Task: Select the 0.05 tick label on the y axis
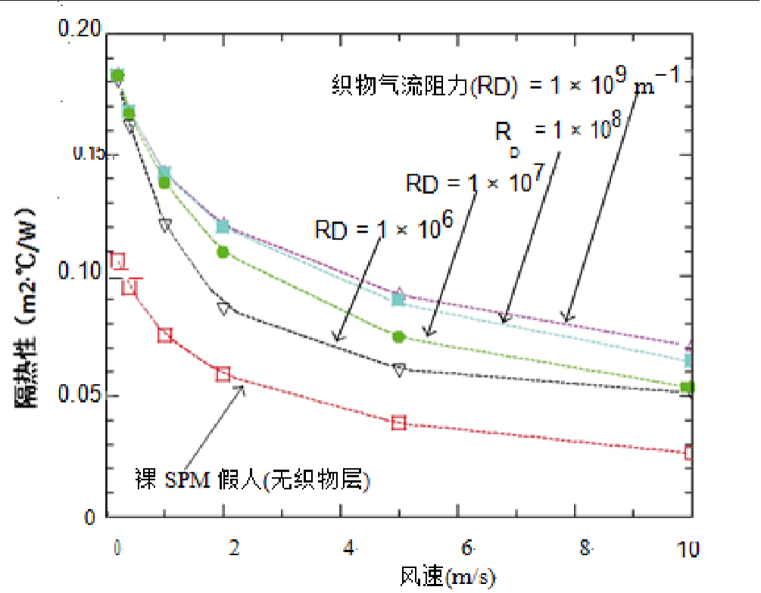click(x=80, y=395)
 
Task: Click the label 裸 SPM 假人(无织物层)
click(x=251, y=480)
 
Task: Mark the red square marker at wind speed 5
click(x=399, y=423)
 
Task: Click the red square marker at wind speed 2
click(x=223, y=374)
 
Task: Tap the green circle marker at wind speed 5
click(x=399, y=336)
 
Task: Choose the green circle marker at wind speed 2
click(x=223, y=251)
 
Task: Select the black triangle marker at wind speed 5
click(x=399, y=369)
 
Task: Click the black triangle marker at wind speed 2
click(x=223, y=308)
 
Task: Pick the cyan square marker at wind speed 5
click(x=399, y=299)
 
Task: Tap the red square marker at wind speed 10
click(x=689, y=453)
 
